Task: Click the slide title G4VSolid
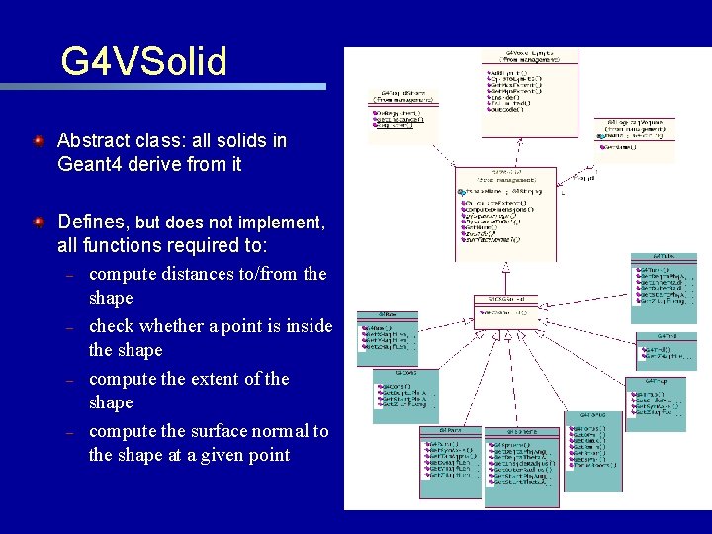(144, 61)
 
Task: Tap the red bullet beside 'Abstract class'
(38, 141)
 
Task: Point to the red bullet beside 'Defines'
(38, 222)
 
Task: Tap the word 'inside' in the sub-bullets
(307, 325)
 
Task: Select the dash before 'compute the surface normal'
(70, 432)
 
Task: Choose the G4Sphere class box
(522, 465)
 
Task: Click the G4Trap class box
(655, 400)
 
